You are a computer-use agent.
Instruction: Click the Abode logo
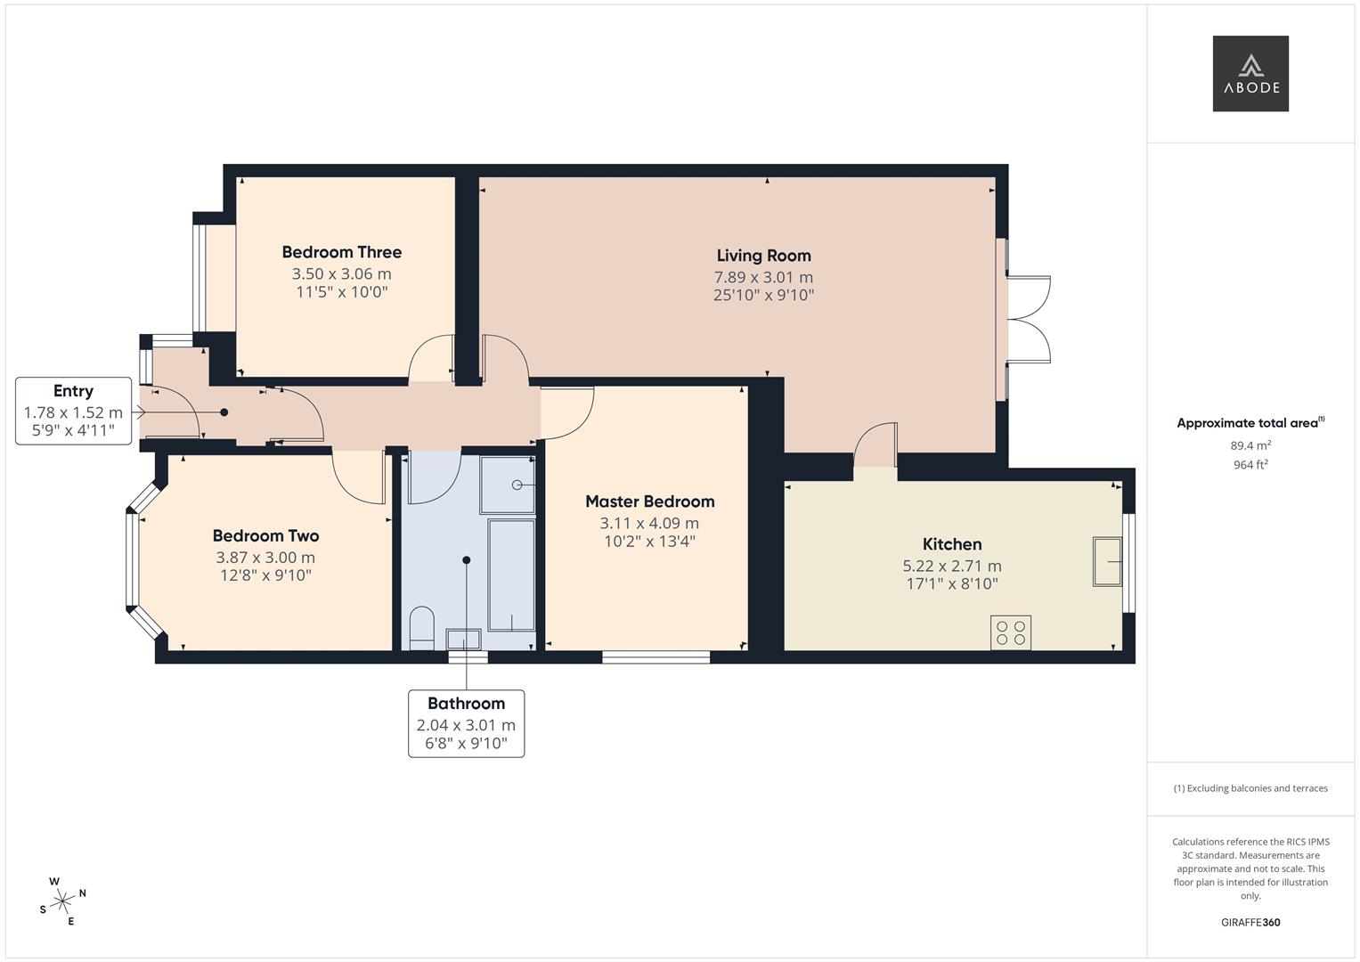(x=1250, y=74)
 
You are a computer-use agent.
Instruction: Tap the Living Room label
(x=763, y=256)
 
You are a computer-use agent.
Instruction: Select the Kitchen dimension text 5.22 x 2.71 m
(x=951, y=566)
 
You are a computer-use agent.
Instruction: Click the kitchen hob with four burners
(x=1010, y=632)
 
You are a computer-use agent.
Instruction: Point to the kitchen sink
(x=1107, y=561)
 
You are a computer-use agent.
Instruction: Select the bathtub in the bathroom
(x=512, y=575)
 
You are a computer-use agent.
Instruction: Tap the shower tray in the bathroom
(x=508, y=485)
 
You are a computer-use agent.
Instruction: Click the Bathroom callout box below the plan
(x=466, y=723)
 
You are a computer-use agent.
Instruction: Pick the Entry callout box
(x=73, y=411)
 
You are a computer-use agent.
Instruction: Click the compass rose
(x=62, y=901)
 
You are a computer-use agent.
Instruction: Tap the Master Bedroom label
(x=649, y=501)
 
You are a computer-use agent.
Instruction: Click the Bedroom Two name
(x=265, y=535)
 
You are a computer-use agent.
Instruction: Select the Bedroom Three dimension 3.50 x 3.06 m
(x=341, y=274)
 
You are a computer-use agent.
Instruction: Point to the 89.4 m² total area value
(x=1250, y=446)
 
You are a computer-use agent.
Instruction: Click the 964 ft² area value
(x=1250, y=465)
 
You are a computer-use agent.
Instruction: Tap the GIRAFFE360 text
(x=1250, y=923)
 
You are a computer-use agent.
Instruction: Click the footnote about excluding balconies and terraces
(x=1250, y=788)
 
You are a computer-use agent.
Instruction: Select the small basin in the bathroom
(x=463, y=639)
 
